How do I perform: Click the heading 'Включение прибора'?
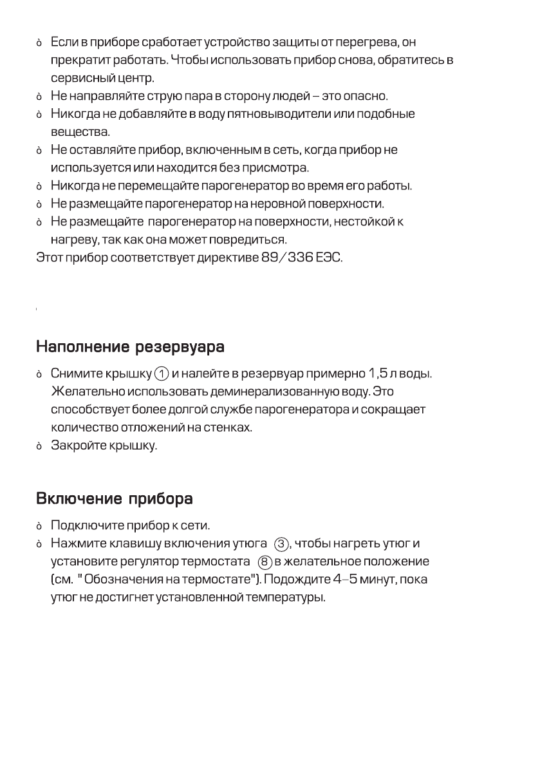pos(115,499)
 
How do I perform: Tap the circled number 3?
pos(281,544)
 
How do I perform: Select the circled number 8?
pos(264,562)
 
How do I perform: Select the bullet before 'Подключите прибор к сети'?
pos(39,526)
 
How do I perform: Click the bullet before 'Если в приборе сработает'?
pos(39,43)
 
